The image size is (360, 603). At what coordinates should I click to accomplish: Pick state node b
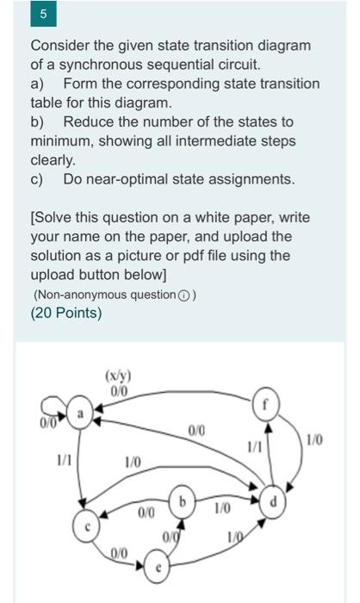click(182, 500)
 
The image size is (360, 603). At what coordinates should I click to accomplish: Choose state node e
click(158, 568)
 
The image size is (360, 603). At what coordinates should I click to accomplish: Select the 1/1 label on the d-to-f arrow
click(253, 447)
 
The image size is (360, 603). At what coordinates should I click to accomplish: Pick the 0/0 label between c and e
click(121, 550)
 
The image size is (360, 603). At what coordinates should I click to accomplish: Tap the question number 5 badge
click(42, 16)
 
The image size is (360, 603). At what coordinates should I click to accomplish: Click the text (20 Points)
click(65, 314)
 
